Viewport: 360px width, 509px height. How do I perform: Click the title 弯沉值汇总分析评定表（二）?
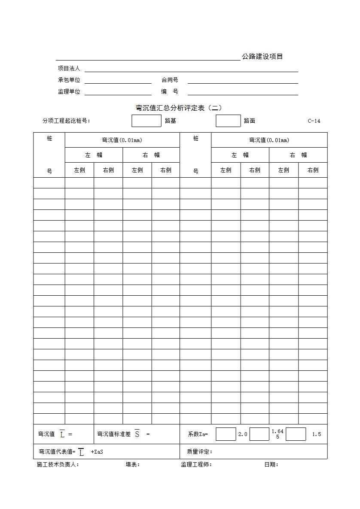tap(179, 108)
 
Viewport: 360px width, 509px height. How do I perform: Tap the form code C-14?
tap(314, 121)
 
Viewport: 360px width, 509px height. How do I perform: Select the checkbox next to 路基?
tap(146, 121)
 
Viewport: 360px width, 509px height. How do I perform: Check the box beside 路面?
tap(228, 121)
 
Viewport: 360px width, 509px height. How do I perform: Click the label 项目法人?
tap(69, 68)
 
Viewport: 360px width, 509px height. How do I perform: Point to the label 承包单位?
tap(69, 80)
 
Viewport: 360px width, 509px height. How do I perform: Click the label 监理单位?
tap(69, 91)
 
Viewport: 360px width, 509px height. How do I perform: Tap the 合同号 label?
tap(170, 80)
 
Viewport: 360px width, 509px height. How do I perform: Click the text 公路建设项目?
tap(262, 57)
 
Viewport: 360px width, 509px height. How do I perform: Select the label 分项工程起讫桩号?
tap(66, 121)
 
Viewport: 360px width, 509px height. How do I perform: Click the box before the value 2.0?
tap(226, 434)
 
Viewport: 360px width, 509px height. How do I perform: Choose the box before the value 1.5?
tap(296, 434)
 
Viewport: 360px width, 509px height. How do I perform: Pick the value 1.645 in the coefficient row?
tap(278, 434)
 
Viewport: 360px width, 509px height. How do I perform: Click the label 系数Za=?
tap(198, 434)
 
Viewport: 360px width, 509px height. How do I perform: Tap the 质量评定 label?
tap(200, 451)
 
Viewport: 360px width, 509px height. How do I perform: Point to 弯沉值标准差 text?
tap(114, 434)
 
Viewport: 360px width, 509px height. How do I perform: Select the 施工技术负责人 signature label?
tap(58, 464)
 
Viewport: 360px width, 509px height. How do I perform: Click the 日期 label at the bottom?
tap(271, 464)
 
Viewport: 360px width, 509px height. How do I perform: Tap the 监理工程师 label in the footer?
tap(196, 464)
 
